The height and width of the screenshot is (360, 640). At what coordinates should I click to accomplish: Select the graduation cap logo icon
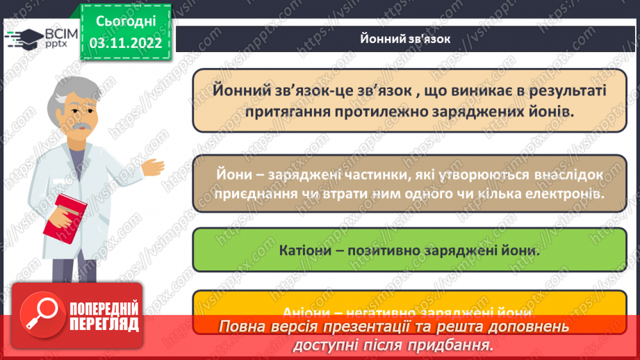pos(24,38)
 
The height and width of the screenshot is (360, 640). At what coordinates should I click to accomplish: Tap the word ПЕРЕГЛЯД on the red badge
pos(104,324)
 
